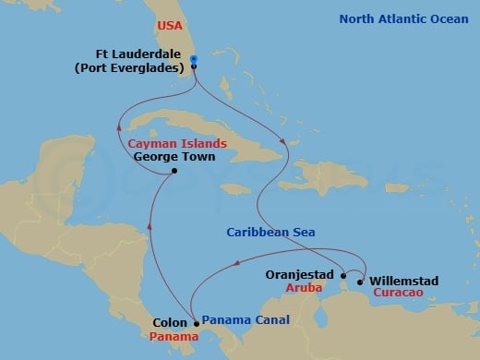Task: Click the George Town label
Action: point(174,158)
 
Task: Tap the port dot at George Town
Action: point(174,172)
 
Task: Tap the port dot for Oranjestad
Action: point(343,275)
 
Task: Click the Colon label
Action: point(166,323)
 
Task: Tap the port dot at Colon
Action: point(196,323)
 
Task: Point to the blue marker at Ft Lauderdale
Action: point(194,61)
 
